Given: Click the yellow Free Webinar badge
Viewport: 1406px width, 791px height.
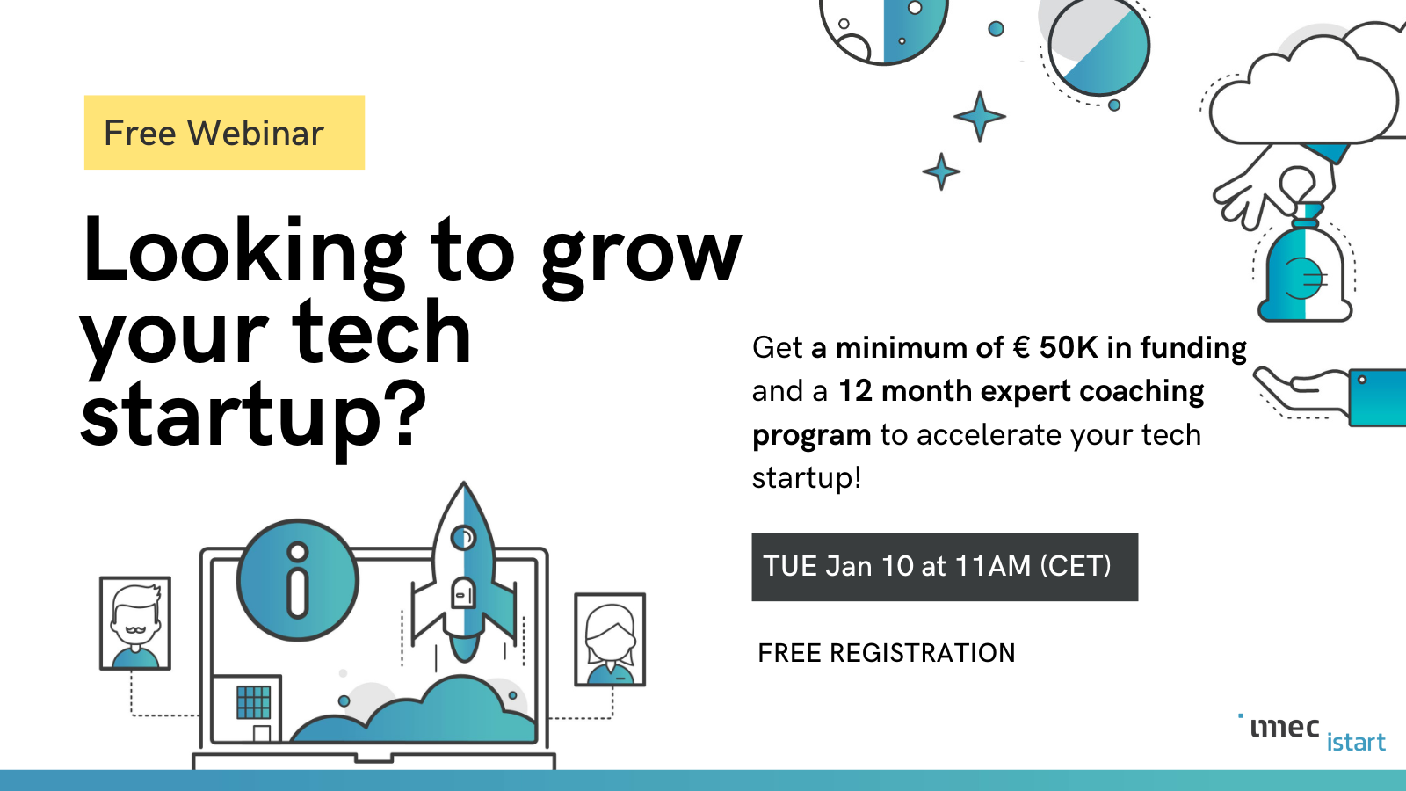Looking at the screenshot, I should pyautogui.click(x=224, y=133).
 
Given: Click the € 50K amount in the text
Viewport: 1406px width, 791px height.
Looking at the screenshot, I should pyautogui.click(x=1054, y=348).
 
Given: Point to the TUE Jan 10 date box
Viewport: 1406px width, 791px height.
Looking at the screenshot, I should pyautogui.click(x=945, y=567).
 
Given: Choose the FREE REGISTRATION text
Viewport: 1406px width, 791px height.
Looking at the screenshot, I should pyautogui.click(x=886, y=653).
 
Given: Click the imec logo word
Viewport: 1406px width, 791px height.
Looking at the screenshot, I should pyautogui.click(x=1284, y=728).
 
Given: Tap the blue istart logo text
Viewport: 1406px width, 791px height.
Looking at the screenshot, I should pyautogui.click(x=1356, y=743).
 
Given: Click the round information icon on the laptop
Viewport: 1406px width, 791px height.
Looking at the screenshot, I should pyautogui.click(x=298, y=580).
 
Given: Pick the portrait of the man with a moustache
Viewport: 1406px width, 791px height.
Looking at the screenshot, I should pyautogui.click(x=135, y=623).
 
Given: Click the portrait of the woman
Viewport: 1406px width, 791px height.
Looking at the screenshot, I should pyautogui.click(x=610, y=640).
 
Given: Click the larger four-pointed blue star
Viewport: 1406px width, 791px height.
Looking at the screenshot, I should pyautogui.click(x=980, y=115).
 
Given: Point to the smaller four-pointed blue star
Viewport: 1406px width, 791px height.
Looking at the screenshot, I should pyautogui.click(x=941, y=171).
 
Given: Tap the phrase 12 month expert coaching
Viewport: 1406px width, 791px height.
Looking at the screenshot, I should pyautogui.click(x=1020, y=391).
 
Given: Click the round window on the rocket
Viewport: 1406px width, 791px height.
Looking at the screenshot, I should pyautogui.click(x=463, y=536).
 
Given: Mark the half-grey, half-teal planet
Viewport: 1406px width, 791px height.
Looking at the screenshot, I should pyautogui.click(x=1098, y=46).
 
